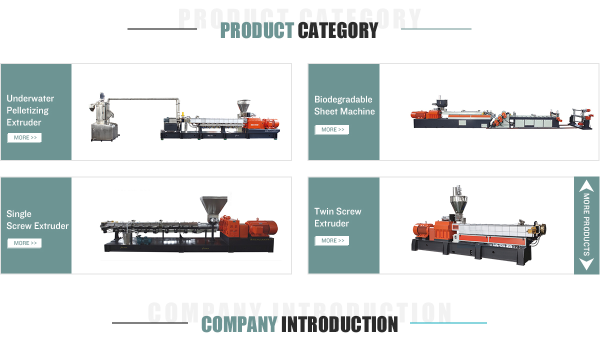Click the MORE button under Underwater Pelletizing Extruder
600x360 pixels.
pos(24,138)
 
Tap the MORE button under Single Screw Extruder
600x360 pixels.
pos(24,243)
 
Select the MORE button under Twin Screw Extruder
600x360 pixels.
pos(331,241)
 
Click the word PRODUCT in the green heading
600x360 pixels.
pos(257,31)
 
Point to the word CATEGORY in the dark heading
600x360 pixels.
pos(338,31)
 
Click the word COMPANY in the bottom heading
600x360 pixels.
pos(239,324)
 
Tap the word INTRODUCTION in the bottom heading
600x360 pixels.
pos(339,324)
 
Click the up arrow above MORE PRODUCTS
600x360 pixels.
pos(586,186)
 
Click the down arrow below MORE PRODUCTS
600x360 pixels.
pos(586,264)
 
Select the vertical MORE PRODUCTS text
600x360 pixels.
pos(586,225)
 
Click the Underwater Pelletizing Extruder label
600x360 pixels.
pos(30,110)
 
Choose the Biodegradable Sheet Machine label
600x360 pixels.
pos(344,105)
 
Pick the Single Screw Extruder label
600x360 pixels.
pos(37,220)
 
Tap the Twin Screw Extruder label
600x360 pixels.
pos(337,217)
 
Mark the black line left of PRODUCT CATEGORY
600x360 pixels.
pos(162,29)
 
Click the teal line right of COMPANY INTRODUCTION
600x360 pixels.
pos(448,323)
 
